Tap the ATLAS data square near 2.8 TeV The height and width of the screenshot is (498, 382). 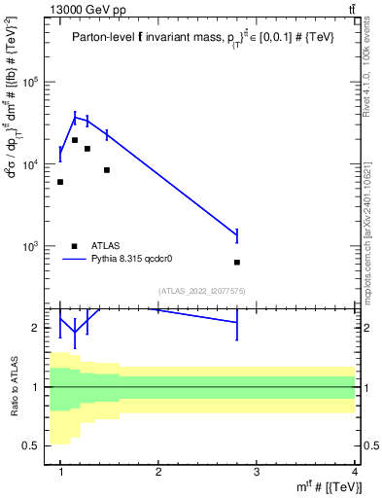[x=237, y=262]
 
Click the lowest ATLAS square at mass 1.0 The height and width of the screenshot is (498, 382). [x=60, y=182]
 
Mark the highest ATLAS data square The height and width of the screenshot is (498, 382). [x=75, y=140]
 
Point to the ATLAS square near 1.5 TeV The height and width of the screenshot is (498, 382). [x=106, y=170]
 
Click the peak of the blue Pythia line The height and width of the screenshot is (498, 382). [x=75, y=117]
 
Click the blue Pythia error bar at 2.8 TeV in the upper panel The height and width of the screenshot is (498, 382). [x=237, y=234]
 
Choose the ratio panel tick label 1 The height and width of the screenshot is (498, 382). [x=38, y=387]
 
